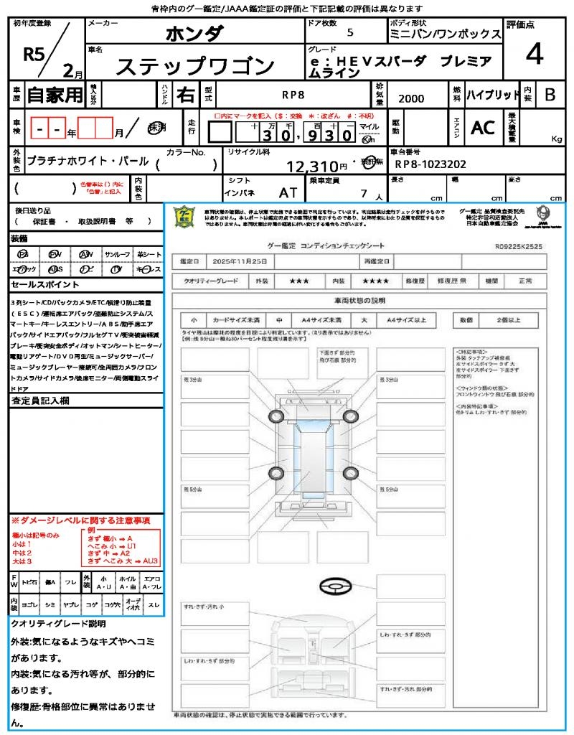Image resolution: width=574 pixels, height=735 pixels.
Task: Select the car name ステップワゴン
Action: coord(195,67)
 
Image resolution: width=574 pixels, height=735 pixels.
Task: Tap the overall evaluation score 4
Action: coord(533,54)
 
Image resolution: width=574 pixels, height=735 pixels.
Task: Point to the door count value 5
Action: coord(349,32)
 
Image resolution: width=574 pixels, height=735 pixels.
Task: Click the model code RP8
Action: coord(292,94)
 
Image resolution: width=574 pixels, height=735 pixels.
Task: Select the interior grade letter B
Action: coord(550,95)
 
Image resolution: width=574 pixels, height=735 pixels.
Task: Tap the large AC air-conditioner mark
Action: coord(483,128)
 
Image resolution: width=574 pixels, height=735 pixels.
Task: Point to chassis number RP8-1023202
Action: coord(430,164)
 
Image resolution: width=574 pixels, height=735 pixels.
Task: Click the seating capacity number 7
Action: coord(363,193)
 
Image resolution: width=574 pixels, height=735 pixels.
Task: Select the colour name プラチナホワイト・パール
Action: coord(87,162)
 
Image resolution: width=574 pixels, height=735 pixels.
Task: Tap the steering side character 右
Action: coord(185,95)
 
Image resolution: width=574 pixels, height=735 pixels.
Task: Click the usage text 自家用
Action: coord(55,95)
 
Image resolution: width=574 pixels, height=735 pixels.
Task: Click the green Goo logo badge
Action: coord(186,217)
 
